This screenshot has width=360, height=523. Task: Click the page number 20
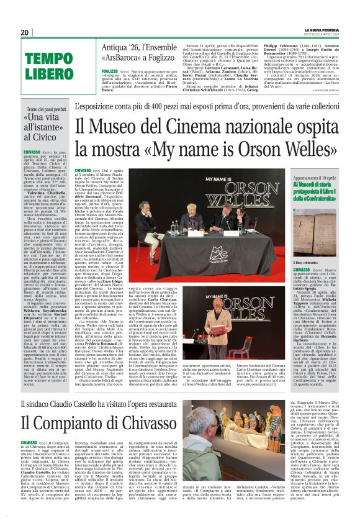tap(25, 32)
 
